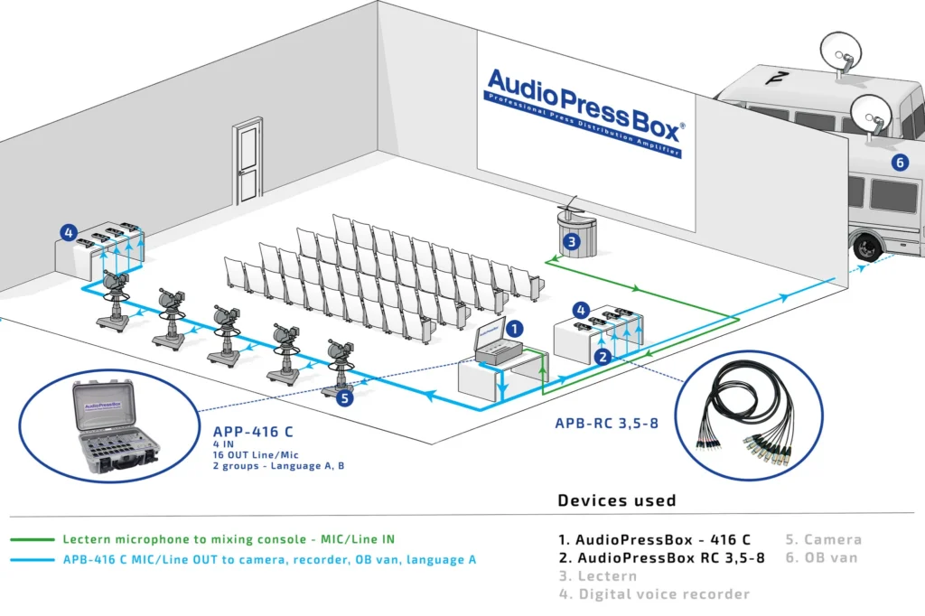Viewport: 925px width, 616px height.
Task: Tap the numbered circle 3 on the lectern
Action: click(571, 241)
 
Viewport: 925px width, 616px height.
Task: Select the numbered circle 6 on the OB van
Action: click(899, 163)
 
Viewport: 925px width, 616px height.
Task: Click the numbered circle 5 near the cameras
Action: click(344, 397)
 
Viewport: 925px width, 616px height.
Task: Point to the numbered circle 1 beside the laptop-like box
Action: click(514, 331)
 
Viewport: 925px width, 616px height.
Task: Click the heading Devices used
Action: click(616, 500)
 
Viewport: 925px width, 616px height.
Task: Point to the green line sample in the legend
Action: click(31, 539)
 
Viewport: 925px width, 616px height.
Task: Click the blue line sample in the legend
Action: click(31, 560)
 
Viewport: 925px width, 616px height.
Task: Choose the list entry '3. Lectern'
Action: click(597, 575)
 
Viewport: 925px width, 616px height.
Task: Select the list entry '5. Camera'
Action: click(823, 539)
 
